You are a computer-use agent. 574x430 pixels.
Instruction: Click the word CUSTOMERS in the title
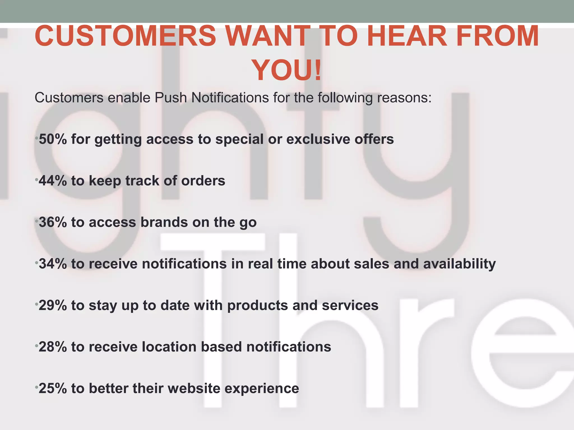point(126,36)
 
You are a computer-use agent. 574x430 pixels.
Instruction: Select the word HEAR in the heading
point(407,36)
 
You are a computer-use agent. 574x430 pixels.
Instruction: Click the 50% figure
point(53,139)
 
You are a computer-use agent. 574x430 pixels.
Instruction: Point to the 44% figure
point(53,181)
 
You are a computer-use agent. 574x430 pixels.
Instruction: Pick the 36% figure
point(53,222)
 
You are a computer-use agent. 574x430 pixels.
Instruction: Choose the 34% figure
point(53,264)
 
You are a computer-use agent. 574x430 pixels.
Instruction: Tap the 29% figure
point(53,305)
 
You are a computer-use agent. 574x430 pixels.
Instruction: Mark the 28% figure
point(53,347)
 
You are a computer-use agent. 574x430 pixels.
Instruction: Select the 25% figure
point(53,388)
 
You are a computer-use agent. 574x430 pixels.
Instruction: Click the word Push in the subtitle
point(171,98)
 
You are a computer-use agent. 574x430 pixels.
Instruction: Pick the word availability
point(459,264)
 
